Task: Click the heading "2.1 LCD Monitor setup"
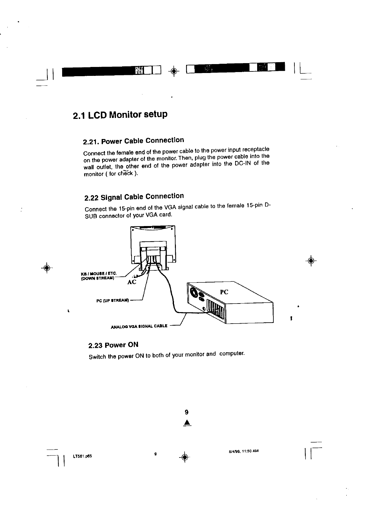click(x=120, y=115)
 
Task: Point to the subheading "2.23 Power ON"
click(x=113, y=345)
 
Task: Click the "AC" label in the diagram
click(x=132, y=282)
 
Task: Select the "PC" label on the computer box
click(x=224, y=292)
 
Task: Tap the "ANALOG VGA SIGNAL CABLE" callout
click(x=139, y=326)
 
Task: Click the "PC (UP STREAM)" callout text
click(x=112, y=300)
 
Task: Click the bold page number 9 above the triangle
click(x=186, y=412)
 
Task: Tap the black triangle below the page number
click(x=186, y=423)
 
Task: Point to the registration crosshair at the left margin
click(x=47, y=267)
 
